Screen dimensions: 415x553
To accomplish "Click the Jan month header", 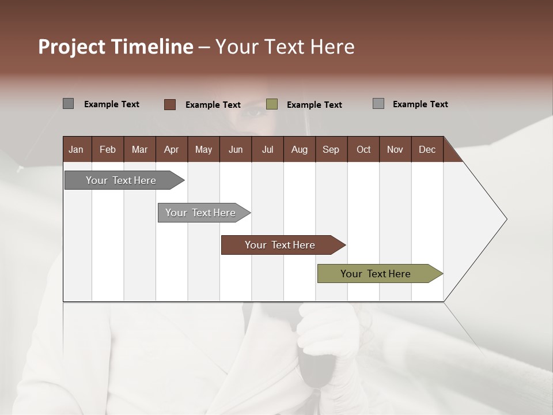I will [76, 149].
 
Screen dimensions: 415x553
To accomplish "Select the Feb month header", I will [108, 149].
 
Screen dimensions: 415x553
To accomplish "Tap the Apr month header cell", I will [171, 149].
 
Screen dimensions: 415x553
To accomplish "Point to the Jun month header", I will [236, 149].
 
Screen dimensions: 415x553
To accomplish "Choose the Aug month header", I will [299, 149].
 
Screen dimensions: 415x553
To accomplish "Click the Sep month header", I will [331, 149].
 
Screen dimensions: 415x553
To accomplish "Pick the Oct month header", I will [363, 149].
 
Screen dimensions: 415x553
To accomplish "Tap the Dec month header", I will [427, 149].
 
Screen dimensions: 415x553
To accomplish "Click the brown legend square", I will [170, 104].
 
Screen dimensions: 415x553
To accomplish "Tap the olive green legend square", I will [272, 104].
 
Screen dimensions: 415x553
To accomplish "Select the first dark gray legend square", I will [68, 104].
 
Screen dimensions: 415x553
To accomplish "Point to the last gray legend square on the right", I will [378, 104].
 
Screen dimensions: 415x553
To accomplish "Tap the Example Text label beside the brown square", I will [213, 105].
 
